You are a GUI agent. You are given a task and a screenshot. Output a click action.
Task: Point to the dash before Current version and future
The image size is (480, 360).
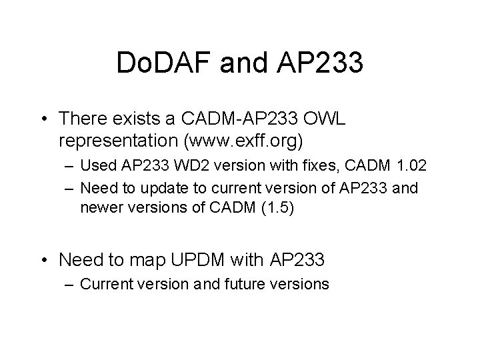coord(69,285)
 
